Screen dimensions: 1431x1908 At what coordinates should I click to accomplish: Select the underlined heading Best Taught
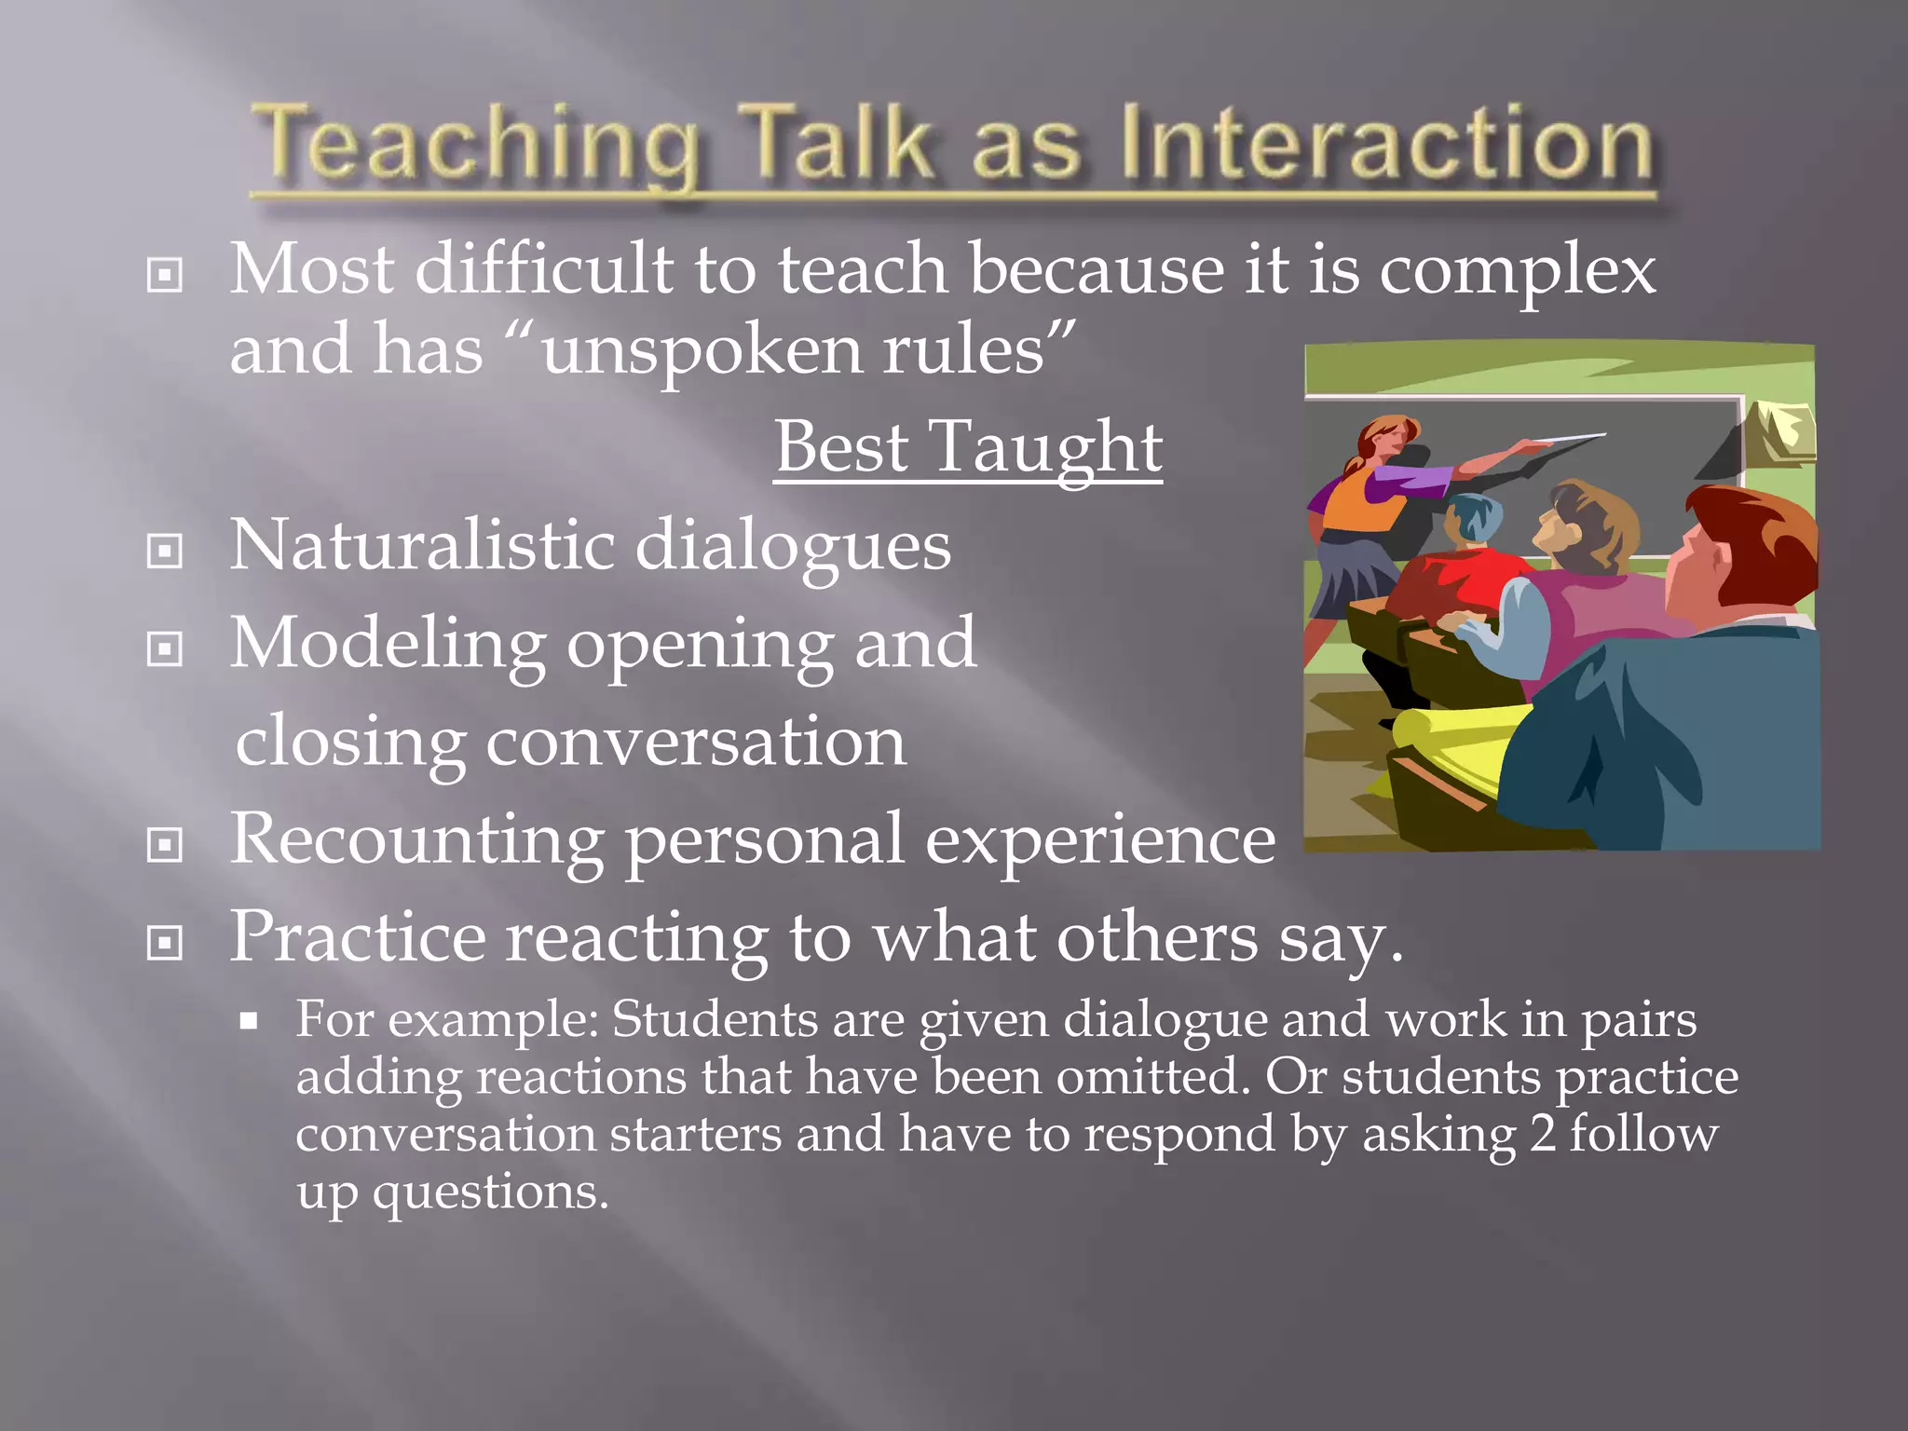coord(968,448)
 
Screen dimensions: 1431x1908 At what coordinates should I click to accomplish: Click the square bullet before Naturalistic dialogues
coord(165,551)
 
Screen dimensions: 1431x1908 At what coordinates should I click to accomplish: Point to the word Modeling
coord(388,646)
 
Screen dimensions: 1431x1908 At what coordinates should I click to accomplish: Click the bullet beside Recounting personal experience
coord(165,845)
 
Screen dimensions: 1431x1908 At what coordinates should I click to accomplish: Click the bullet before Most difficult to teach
coord(165,275)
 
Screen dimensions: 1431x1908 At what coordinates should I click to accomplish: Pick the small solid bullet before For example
coord(248,1021)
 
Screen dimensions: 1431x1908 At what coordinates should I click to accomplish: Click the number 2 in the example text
coord(1542,1135)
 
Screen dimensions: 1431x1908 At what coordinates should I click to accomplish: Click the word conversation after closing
coord(695,743)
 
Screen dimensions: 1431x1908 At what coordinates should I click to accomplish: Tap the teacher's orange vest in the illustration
coord(1352,503)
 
